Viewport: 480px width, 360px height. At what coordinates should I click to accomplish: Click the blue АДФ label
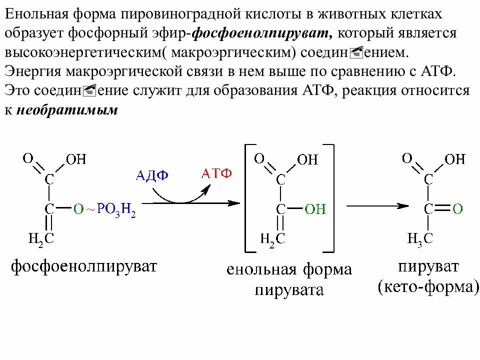pyautogui.click(x=152, y=175)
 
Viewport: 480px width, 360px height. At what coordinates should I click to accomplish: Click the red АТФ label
pyautogui.click(x=216, y=173)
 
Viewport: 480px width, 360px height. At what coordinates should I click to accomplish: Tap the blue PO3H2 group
pyautogui.click(x=116, y=209)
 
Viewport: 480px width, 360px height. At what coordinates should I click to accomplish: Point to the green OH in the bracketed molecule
pyautogui.click(x=315, y=209)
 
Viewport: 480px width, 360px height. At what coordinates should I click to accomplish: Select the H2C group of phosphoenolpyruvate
pyautogui.click(x=41, y=238)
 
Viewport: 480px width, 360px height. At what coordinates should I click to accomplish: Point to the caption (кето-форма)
pyautogui.click(x=428, y=287)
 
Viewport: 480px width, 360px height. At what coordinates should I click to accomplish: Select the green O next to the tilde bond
pyautogui.click(x=77, y=209)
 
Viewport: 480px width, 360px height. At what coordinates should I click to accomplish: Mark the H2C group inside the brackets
pyautogui.click(x=273, y=238)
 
